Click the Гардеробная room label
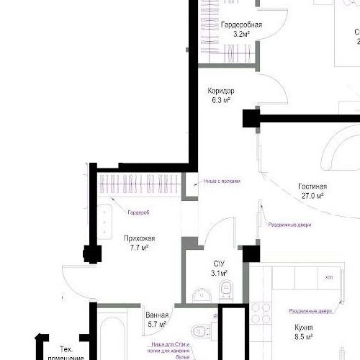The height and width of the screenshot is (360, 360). coord(241,24)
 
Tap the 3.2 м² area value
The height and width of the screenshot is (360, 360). coord(241,34)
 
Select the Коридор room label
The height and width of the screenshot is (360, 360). coord(221,91)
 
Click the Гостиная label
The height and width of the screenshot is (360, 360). coord(312,186)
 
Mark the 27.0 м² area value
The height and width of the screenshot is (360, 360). coord(312,196)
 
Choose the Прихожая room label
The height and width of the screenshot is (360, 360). coord(139,238)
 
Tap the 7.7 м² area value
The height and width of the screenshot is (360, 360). coord(139,248)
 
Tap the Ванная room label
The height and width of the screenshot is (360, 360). coord(156,315)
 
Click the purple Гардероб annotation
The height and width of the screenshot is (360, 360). coord(138,212)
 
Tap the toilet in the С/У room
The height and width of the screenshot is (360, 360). coord(226,289)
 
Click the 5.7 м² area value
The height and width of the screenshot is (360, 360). coord(156,325)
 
